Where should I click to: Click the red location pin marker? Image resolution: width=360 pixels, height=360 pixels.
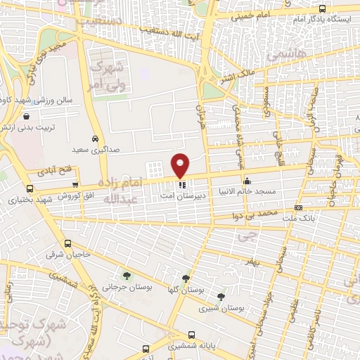coord(181,165)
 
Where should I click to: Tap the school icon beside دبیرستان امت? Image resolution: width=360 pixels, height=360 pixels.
coord(181,185)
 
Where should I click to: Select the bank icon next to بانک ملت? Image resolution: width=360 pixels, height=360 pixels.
coord(299,208)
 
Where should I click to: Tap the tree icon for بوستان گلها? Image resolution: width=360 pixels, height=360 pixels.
coord(186,278)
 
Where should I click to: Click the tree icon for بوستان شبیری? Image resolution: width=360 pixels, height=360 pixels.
coord(221,297)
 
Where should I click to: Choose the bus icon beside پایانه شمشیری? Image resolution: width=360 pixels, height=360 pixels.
coord(145,348)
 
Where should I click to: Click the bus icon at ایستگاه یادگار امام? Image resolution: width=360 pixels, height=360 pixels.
coord(322,9)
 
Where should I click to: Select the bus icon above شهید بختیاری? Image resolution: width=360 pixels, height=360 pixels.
coord(29,189)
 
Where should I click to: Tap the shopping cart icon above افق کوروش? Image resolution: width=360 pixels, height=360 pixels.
coord(75,184)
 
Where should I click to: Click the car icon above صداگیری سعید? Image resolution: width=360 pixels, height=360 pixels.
coord(95,139)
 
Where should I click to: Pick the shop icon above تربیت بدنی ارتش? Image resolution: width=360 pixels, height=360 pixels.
coord(26,117)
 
